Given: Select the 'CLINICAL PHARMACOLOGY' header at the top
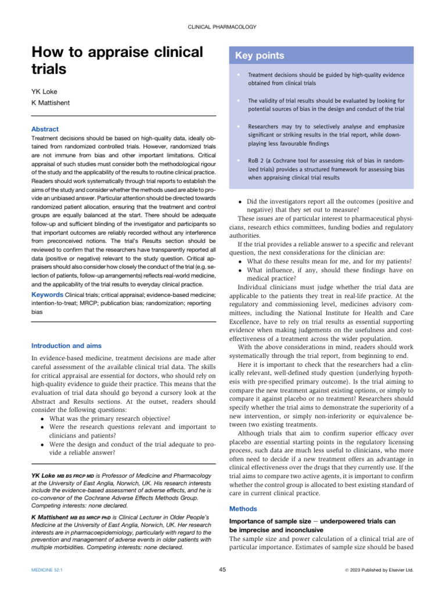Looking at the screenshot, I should (223, 27).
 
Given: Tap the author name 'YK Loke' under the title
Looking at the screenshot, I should (44, 92).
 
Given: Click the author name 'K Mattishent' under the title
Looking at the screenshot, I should (51, 103).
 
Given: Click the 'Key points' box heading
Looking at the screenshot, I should (260, 56).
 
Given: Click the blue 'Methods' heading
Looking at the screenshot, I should (243, 508).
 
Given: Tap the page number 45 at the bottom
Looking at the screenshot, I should (222, 570).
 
